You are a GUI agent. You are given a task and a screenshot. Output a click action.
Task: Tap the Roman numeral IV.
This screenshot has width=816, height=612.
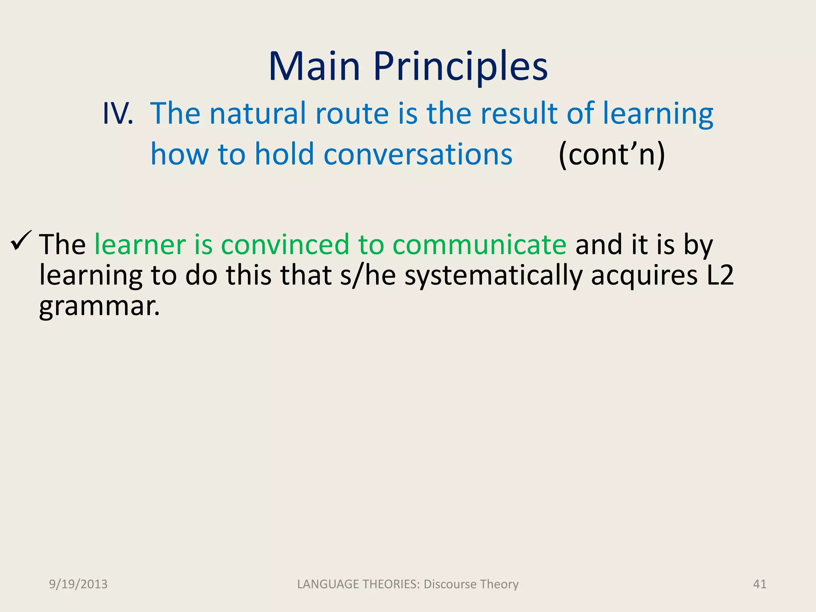[118, 114]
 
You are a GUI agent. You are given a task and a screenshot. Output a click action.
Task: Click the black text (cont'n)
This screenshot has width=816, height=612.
[612, 154]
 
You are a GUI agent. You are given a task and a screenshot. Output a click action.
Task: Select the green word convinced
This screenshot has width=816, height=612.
[285, 244]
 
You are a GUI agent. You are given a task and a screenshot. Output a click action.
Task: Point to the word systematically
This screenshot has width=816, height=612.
[493, 275]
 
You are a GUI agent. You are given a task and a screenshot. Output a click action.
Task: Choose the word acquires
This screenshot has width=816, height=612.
[644, 275]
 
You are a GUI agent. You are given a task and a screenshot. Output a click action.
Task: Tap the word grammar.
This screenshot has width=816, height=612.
[99, 307]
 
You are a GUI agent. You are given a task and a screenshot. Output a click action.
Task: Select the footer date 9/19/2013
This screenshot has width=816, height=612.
[78, 584]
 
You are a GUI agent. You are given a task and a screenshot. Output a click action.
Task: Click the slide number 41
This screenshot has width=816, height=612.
[759, 584]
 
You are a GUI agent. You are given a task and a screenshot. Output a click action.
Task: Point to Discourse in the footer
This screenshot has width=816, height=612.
[449, 584]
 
